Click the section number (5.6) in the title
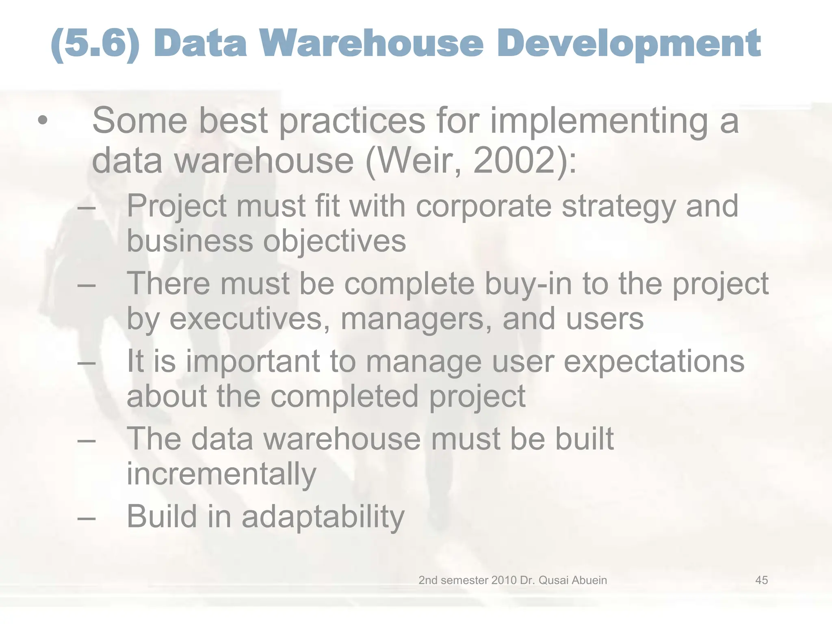(95, 44)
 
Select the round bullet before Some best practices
(42, 121)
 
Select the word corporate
(483, 206)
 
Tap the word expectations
(654, 361)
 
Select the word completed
(344, 396)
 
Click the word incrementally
(221, 474)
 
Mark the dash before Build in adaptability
(87, 518)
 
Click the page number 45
(761, 580)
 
